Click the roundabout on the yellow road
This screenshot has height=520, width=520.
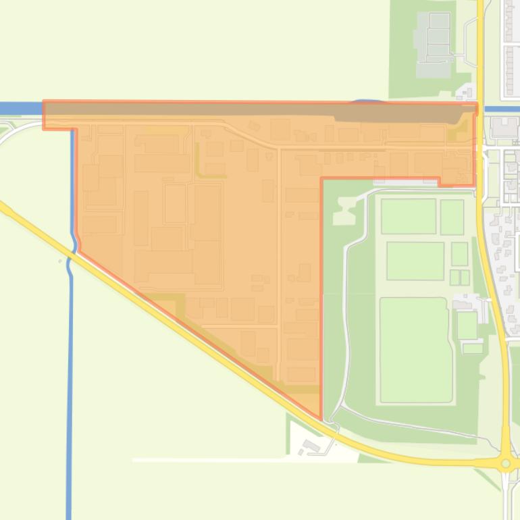(x=506, y=463)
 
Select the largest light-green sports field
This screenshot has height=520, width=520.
(x=415, y=350)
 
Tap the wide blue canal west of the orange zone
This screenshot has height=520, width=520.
(x=20, y=108)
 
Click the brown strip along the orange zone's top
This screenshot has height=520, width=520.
(x=203, y=109)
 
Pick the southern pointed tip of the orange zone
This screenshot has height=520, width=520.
(x=319, y=417)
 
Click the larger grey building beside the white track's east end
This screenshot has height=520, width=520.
(x=311, y=446)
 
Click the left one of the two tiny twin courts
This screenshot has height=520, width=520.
(x=454, y=277)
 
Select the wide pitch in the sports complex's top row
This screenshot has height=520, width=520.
(x=409, y=216)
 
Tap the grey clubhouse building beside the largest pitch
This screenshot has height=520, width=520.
(x=467, y=325)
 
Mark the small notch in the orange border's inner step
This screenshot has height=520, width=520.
(x=440, y=182)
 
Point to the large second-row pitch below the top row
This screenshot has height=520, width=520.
(x=415, y=260)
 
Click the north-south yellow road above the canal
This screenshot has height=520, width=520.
(x=480, y=47)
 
